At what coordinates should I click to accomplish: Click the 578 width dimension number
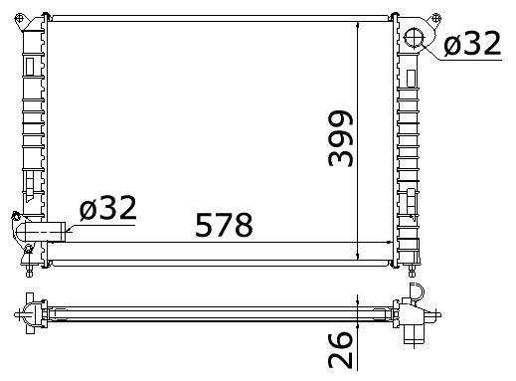click(x=224, y=225)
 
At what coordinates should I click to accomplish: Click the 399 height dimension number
click(x=341, y=138)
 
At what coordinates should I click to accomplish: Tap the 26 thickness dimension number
click(x=340, y=349)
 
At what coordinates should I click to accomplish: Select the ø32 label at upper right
click(x=472, y=44)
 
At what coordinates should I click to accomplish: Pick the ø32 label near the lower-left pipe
click(x=108, y=208)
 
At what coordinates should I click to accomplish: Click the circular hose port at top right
click(x=414, y=38)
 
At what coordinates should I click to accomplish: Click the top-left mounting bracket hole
click(x=20, y=17)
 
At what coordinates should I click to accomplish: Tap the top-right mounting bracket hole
click(x=436, y=17)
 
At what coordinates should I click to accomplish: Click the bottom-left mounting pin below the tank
click(x=29, y=271)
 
